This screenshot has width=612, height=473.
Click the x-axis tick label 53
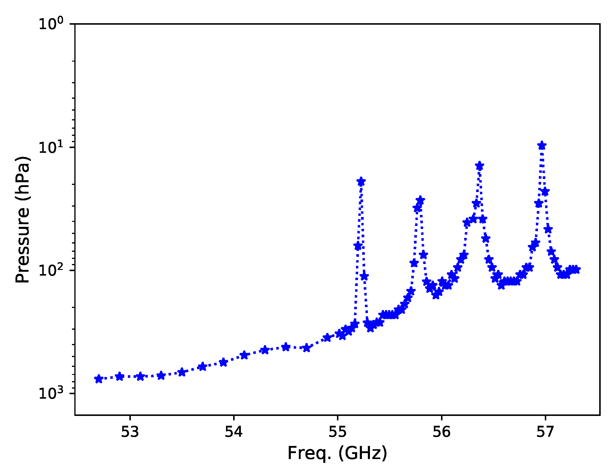[130, 432]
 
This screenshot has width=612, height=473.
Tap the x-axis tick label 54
[234, 432]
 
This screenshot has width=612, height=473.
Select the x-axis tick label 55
[338, 432]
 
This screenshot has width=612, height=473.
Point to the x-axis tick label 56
[441, 432]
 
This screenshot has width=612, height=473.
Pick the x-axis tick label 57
[545, 432]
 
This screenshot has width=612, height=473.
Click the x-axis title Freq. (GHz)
[337, 454]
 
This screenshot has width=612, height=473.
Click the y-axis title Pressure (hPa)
[23, 219]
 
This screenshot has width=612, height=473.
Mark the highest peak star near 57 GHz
[542, 146]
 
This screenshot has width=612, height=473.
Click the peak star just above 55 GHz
[361, 182]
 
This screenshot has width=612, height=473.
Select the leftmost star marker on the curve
[99, 379]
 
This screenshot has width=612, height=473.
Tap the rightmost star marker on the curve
[576, 269]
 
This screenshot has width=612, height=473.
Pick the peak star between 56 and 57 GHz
[479, 166]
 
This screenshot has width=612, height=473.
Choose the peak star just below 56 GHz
[420, 200]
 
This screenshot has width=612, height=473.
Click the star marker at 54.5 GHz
[285, 347]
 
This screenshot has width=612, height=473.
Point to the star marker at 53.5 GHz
[182, 372]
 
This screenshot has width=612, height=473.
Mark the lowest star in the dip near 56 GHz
[436, 295]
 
